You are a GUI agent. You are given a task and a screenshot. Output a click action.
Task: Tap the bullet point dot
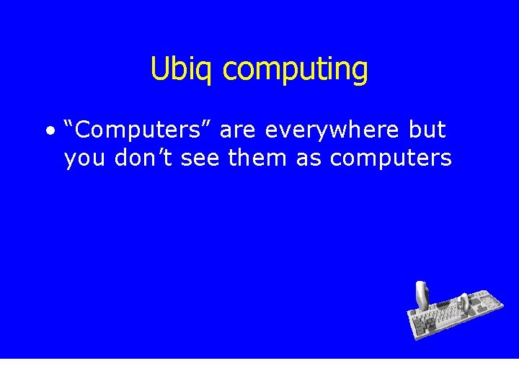[49, 131]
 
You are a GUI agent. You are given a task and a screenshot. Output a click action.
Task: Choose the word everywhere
[332, 131]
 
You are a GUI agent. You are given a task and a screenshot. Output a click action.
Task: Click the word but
[427, 130]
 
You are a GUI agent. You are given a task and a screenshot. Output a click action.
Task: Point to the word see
[200, 158]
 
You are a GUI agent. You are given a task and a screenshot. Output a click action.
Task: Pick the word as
[309, 158]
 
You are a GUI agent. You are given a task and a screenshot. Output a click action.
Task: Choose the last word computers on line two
[391, 158]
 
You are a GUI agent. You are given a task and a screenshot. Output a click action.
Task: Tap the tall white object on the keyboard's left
[422, 295]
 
